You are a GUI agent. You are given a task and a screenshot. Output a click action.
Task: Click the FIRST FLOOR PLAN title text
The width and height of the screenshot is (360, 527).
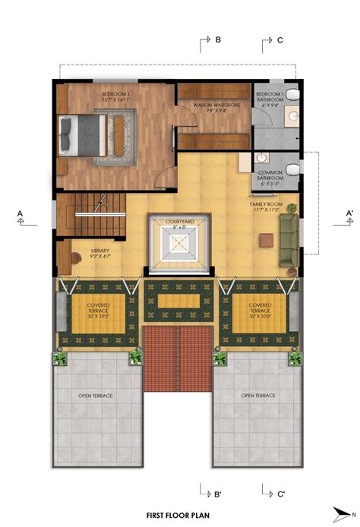point(178,514)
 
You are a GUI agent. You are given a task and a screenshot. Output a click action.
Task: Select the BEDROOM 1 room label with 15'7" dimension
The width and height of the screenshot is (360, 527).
point(115,96)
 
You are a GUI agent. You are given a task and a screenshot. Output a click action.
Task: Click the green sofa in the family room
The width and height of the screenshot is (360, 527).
point(289,240)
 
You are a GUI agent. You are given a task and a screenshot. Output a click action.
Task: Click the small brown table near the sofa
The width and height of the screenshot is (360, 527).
point(266,240)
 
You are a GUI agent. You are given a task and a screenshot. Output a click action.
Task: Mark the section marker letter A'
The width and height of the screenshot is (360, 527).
point(349,213)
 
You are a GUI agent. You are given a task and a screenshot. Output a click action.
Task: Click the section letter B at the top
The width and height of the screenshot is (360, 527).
point(218,39)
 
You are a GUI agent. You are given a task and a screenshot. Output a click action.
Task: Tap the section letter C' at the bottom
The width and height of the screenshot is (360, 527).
point(280,494)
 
